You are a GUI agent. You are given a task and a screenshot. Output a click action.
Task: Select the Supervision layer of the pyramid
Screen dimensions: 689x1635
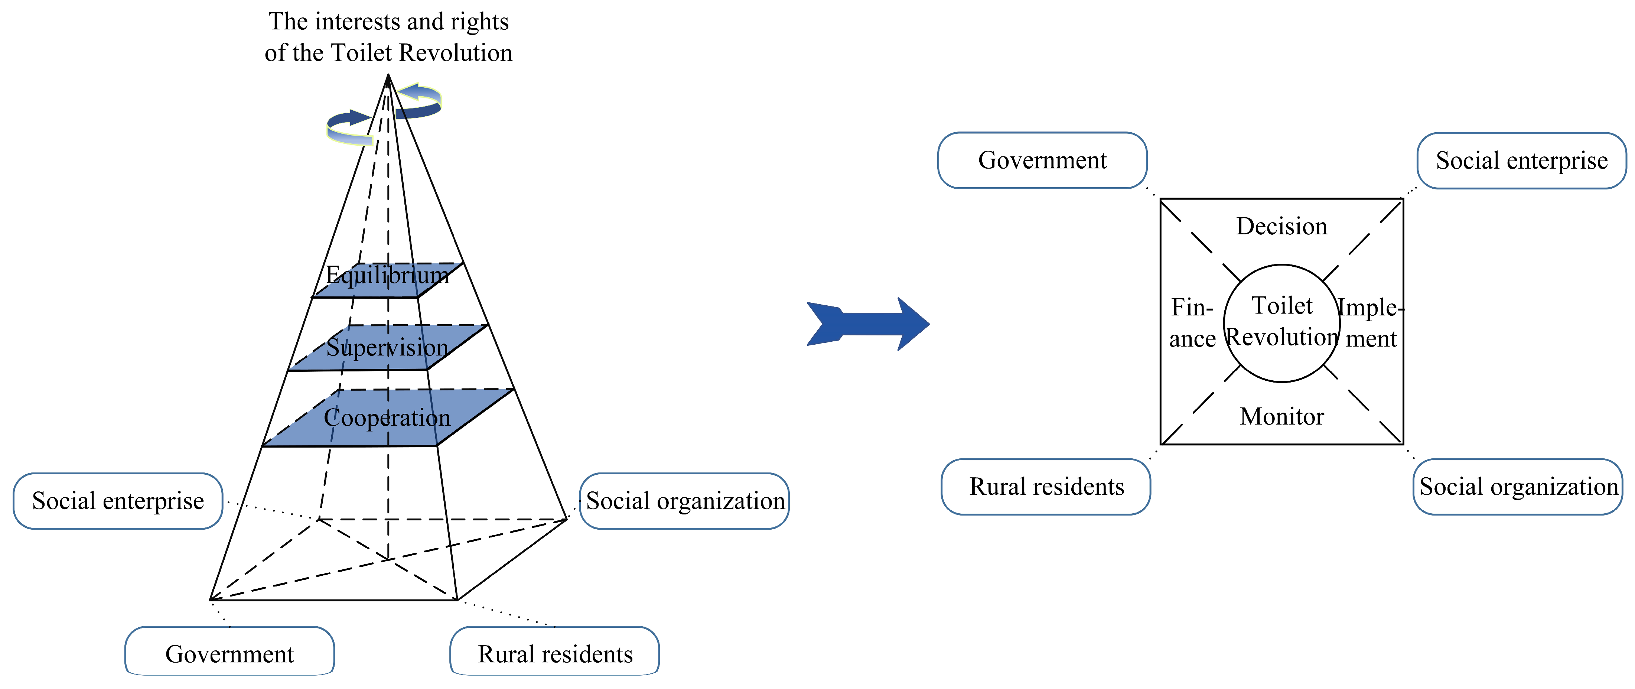click(x=387, y=347)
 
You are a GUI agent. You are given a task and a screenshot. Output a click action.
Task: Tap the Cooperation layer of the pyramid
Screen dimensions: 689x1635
click(x=387, y=417)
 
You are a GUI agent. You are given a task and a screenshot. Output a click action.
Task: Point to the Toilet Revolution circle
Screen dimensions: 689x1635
click(x=1281, y=323)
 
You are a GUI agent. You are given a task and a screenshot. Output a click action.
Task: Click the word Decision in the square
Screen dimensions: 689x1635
click(x=1281, y=226)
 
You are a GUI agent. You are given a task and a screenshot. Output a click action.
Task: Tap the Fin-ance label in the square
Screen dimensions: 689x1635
click(x=1192, y=323)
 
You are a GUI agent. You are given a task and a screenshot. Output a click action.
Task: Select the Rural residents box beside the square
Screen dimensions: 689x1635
click(x=1046, y=487)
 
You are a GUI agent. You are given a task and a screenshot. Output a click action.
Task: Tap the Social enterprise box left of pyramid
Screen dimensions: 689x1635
click(x=118, y=501)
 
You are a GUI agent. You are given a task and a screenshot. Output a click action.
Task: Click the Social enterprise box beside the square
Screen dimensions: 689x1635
click(x=1521, y=161)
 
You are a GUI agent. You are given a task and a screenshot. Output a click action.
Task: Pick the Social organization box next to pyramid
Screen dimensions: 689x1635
click(x=684, y=501)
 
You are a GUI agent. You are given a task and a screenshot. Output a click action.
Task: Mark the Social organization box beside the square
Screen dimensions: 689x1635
click(x=1518, y=487)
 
